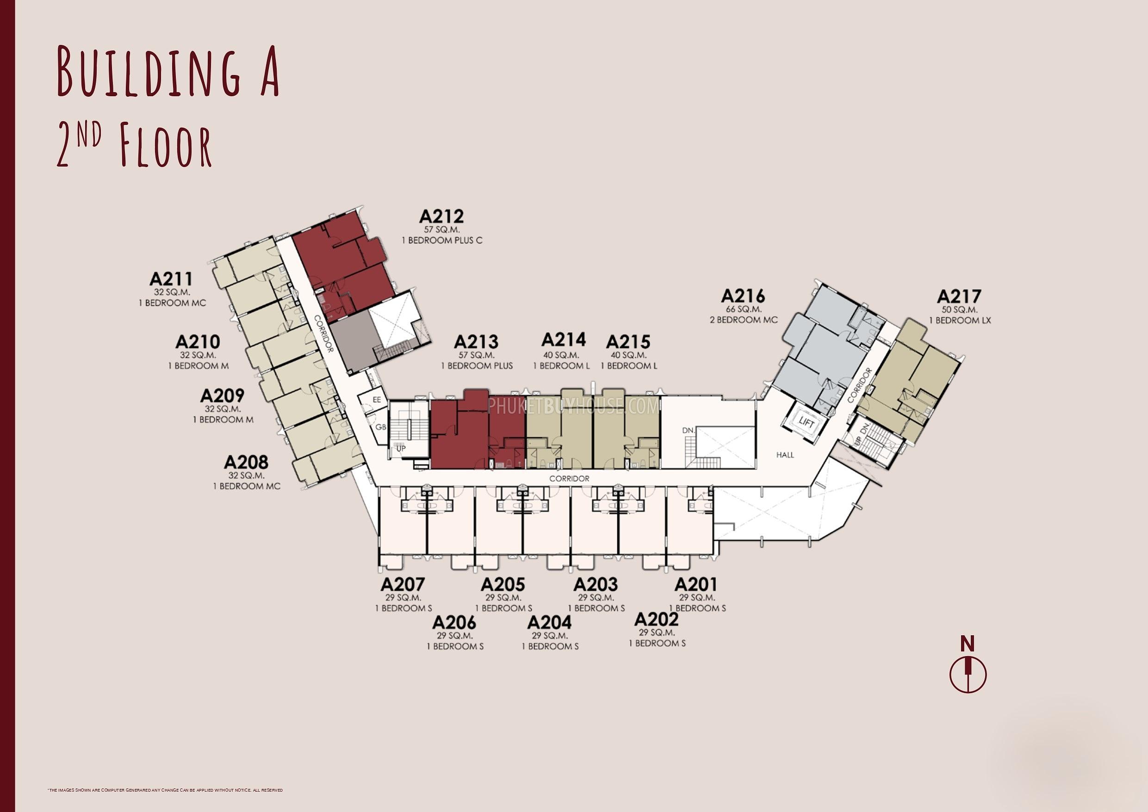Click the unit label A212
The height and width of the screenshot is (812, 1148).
441,217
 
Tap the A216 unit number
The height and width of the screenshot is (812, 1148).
743,296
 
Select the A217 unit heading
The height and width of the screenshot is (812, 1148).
959,297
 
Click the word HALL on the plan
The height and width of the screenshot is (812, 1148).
785,455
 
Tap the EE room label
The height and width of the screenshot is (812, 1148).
377,399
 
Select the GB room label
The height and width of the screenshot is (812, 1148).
381,428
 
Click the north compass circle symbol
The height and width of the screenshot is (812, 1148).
968,675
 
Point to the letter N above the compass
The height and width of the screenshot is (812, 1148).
968,644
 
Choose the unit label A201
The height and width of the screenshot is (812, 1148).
695,584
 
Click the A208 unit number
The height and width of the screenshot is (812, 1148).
246,462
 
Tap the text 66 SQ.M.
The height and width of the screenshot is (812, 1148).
744,310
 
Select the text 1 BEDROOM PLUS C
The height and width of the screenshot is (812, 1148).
442,241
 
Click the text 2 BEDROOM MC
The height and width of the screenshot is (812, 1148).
744,320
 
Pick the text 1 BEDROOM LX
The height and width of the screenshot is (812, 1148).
960,321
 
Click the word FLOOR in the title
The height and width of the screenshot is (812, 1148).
166,145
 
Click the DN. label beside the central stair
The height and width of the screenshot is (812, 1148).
689,430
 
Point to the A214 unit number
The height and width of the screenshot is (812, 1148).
564,340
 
